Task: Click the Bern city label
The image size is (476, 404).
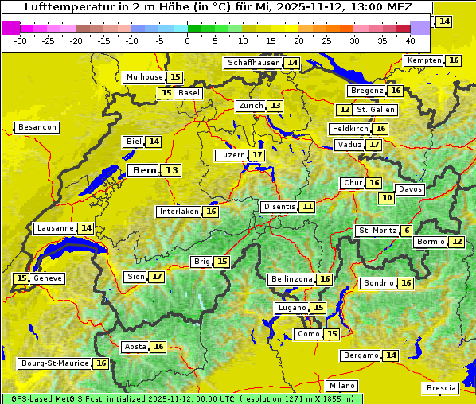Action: click(144, 170)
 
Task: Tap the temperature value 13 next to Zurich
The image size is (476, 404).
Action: click(275, 106)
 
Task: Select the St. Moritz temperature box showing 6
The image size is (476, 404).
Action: click(407, 231)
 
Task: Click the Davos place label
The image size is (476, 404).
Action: click(410, 189)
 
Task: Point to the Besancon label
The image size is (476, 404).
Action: click(37, 127)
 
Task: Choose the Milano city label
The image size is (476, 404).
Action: click(342, 386)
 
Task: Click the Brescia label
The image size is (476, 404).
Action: click(441, 388)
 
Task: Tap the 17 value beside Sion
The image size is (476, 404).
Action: click(157, 277)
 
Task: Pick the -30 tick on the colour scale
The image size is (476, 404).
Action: click(21, 40)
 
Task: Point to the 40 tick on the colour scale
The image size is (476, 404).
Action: click(410, 40)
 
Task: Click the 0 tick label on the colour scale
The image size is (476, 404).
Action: click(187, 40)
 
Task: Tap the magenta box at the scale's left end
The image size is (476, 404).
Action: click(10, 28)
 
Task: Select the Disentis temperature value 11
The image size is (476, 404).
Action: click(307, 207)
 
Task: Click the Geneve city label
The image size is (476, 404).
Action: click(47, 278)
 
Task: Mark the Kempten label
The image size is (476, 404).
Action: click(424, 60)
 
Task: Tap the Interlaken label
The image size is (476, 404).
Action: click(178, 212)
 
